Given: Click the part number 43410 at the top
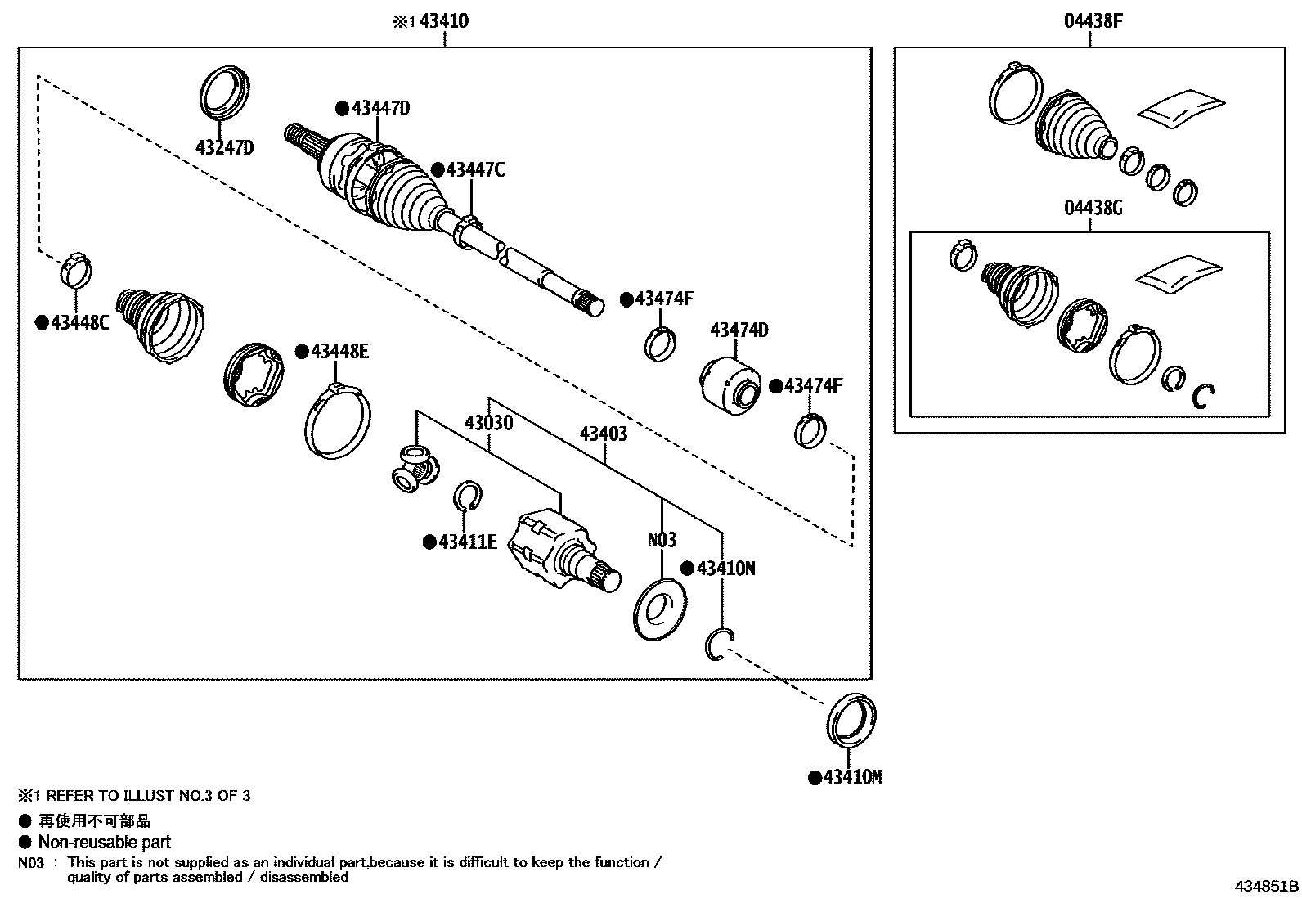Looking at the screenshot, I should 443,21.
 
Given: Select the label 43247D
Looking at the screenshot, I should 224,147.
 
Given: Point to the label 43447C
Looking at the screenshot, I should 474,170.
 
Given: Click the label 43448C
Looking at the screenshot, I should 79,322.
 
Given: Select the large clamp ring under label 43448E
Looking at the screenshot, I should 337,420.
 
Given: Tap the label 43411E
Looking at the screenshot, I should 466,542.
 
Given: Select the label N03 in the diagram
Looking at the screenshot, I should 662,540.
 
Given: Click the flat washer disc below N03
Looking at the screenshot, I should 660,610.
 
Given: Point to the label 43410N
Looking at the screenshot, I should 725,568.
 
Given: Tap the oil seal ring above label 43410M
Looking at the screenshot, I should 851,720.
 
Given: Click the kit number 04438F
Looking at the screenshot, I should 1093,21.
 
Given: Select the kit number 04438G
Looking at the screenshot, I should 1093,208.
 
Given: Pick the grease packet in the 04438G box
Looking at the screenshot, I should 1179,274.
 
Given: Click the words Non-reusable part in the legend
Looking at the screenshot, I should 104,842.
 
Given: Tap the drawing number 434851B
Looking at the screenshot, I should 1266,886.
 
